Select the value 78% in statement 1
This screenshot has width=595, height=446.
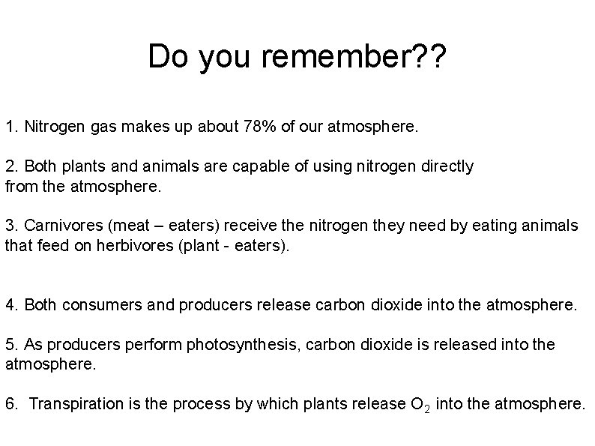click(x=262, y=126)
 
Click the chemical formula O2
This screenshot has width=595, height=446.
click(x=420, y=405)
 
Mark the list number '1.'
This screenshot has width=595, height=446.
click(x=11, y=126)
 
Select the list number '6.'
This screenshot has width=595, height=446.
click(x=11, y=404)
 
